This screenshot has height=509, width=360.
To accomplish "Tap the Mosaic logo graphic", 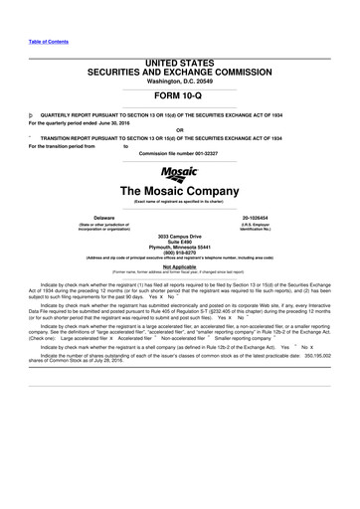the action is (179, 171).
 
